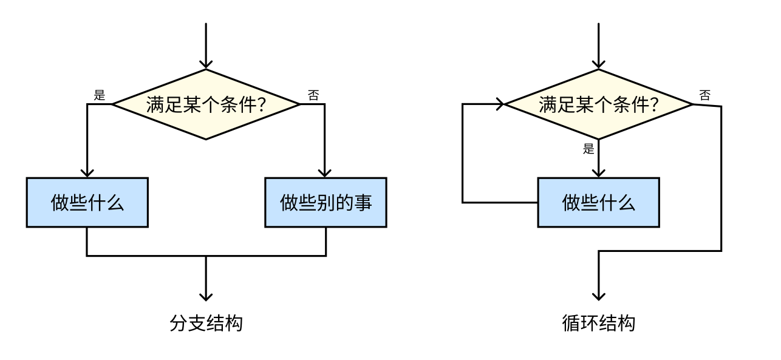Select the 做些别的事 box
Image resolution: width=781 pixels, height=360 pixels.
coord(326,202)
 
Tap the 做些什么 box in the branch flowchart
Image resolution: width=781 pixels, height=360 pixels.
coord(87,202)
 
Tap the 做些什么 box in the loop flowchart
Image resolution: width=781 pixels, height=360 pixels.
coord(599,202)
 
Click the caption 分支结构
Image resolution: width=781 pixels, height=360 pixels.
coord(206,323)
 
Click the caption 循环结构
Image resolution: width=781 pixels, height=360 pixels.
coord(599,323)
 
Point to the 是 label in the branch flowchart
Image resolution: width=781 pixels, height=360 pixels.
coord(100,95)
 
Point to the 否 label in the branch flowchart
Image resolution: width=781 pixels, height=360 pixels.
coord(313,95)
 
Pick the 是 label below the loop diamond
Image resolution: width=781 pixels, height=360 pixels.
coord(588,149)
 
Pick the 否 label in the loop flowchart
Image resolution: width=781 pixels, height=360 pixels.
coord(705,95)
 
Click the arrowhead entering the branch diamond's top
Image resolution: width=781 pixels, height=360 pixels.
coord(206,64)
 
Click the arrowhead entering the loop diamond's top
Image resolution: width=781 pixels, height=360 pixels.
coord(599,64)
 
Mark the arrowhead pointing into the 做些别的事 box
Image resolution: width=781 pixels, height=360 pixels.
coord(326,172)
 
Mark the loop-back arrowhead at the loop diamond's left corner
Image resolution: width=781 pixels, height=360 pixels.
coord(500,104)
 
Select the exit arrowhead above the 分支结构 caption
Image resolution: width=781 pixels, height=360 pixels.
coord(206,296)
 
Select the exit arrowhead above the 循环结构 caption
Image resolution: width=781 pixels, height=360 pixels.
coord(599,296)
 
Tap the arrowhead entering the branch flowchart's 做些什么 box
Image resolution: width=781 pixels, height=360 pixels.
coord(87,172)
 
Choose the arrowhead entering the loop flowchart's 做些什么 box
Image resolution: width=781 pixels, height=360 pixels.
coord(599,172)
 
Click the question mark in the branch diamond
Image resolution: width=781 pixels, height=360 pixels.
coord(261,105)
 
